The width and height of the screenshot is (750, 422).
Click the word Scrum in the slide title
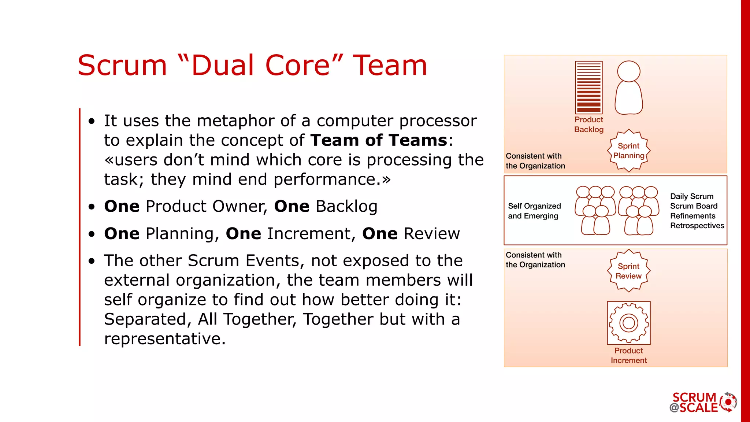[122, 66]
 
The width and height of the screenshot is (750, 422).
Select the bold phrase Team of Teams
[379, 140]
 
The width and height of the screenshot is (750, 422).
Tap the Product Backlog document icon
[589, 88]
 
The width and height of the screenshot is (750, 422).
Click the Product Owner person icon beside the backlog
[628, 88]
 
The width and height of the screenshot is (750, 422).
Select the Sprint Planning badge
[628, 151]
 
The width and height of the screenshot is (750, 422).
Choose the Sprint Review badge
[628, 271]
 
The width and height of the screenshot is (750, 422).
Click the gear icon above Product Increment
[628, 323]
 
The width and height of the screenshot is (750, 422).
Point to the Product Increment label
[628, 355]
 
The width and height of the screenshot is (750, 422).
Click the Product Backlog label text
[589, 125]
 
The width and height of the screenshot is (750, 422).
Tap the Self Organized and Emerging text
[534, 211]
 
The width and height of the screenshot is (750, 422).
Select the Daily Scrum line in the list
[691, 196]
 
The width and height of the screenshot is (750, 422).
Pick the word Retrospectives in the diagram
[697, 226]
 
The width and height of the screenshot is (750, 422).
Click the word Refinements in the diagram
[693, 216]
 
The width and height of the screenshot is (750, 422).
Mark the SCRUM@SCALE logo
[702, 402]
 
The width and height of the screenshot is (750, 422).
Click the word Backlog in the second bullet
[346, 206]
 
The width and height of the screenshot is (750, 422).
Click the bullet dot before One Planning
[92, 234]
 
